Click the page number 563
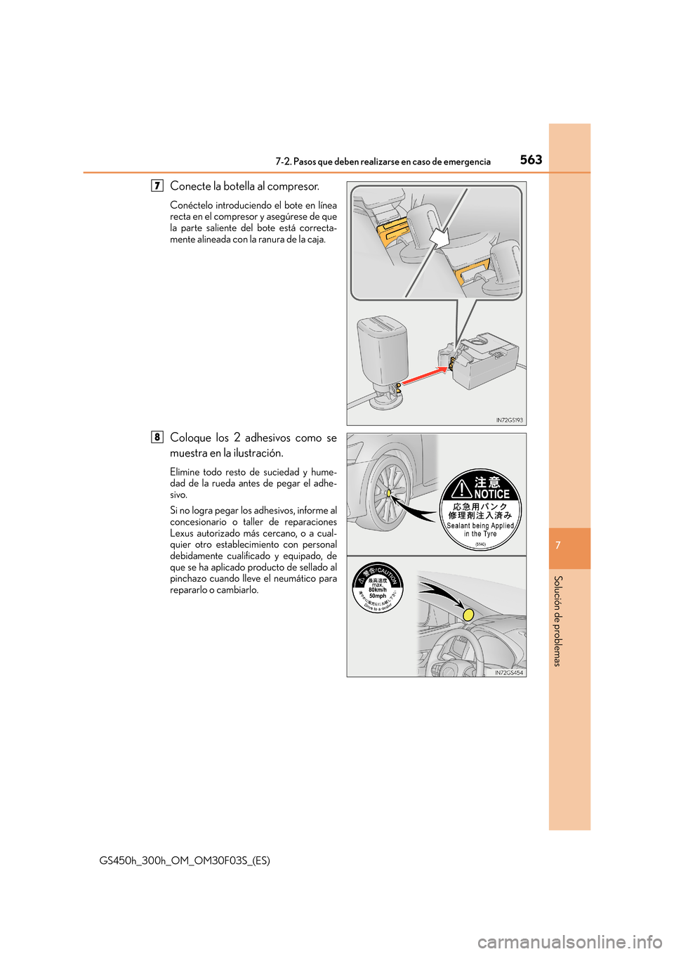531,159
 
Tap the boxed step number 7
157,185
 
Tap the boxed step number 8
157,437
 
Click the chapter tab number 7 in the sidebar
558,546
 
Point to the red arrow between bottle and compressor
423,377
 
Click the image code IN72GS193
509,420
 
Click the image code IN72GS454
509,672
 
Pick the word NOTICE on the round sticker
491,494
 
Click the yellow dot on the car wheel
388,493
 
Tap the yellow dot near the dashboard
468,615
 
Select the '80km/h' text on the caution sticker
378,590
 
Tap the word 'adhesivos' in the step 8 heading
267,438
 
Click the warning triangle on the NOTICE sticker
461,487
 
